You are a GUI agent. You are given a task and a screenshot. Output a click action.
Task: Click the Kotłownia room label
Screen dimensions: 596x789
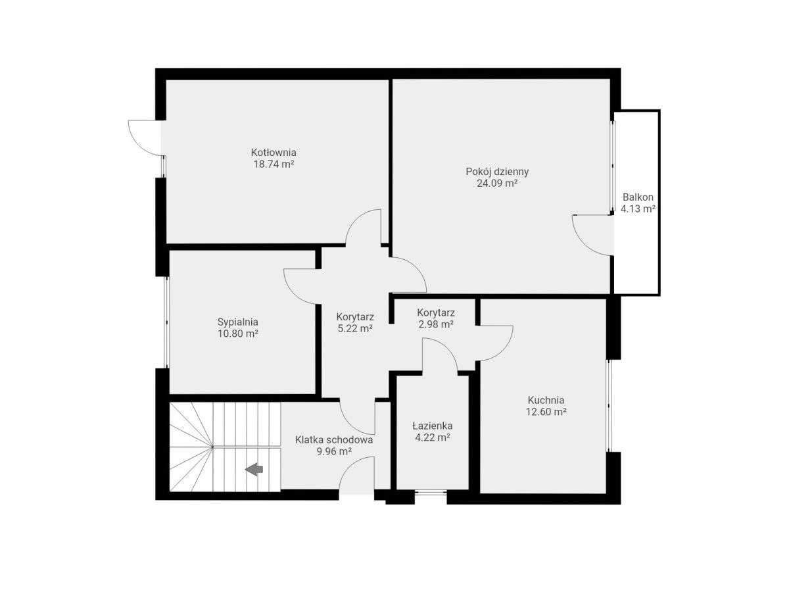[x=274, y=153]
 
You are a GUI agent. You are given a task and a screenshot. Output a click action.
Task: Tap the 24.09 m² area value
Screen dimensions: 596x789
[x=497, y=184]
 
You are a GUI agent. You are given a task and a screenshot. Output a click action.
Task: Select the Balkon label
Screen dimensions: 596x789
[x=638, y=197]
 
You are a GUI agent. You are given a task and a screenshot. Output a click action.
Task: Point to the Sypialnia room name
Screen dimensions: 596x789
[x=238, y=322]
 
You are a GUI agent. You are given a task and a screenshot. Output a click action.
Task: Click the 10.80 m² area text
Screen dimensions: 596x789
[x=238, y=334]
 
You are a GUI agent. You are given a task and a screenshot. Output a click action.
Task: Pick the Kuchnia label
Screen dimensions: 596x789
[x=546, y=400]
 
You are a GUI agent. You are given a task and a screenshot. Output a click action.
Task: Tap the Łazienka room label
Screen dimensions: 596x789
[x=432, y=426]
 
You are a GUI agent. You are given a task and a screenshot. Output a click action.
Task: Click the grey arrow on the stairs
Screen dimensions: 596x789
[x=254, y=469]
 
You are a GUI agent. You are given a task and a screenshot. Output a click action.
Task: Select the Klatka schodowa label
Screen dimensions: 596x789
[x=334, y=439]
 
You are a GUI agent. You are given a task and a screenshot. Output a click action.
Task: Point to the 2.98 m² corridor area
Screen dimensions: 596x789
[x=436, y=324]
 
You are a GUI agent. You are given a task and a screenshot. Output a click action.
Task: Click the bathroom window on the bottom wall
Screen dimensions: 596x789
[x=431, y=493]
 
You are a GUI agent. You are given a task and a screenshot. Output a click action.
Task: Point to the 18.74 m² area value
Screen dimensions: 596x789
[x=274, y=164]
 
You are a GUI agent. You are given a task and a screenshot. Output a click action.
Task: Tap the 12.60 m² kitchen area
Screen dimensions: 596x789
[x=546, y=412]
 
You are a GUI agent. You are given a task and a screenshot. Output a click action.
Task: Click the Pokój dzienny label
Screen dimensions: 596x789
[x=497, y=172]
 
